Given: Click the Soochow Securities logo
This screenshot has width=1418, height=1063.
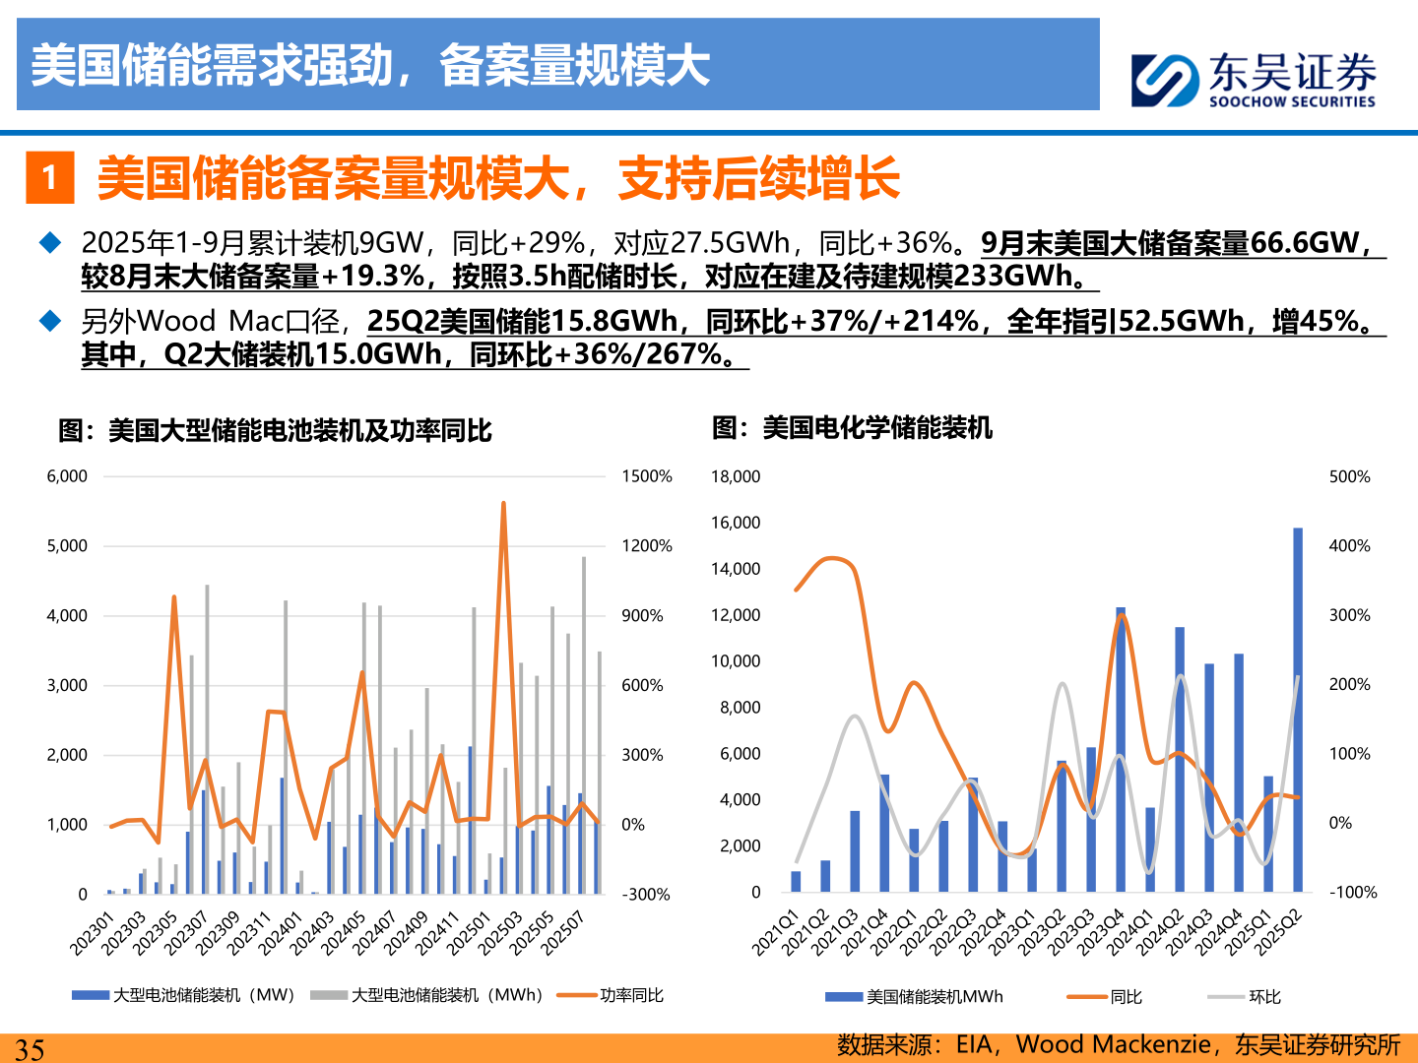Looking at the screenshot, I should point(1253,80).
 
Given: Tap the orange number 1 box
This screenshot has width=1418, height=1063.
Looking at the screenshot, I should point(49,178).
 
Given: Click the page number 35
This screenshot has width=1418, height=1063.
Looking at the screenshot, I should point(30,1048).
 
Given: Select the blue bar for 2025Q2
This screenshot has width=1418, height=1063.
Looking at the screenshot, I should point(1298,710).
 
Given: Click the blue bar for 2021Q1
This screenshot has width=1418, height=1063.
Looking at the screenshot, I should point(796,881).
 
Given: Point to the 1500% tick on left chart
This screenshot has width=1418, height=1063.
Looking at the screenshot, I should point(646,476).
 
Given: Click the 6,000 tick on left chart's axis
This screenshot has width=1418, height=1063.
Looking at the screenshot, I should point(67,476).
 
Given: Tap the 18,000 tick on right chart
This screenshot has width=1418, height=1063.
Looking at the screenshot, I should point(736,476).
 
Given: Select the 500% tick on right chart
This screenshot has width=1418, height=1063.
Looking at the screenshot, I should point(1349,476).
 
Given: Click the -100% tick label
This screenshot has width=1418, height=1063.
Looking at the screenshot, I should point(1353,893).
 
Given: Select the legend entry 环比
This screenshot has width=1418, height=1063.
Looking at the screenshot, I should point(1264,997).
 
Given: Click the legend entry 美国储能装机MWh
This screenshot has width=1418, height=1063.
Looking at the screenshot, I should point(934,997).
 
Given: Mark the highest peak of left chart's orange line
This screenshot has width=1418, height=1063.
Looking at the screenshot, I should point(503,504).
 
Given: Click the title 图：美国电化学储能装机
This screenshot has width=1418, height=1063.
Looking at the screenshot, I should point(852,428).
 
